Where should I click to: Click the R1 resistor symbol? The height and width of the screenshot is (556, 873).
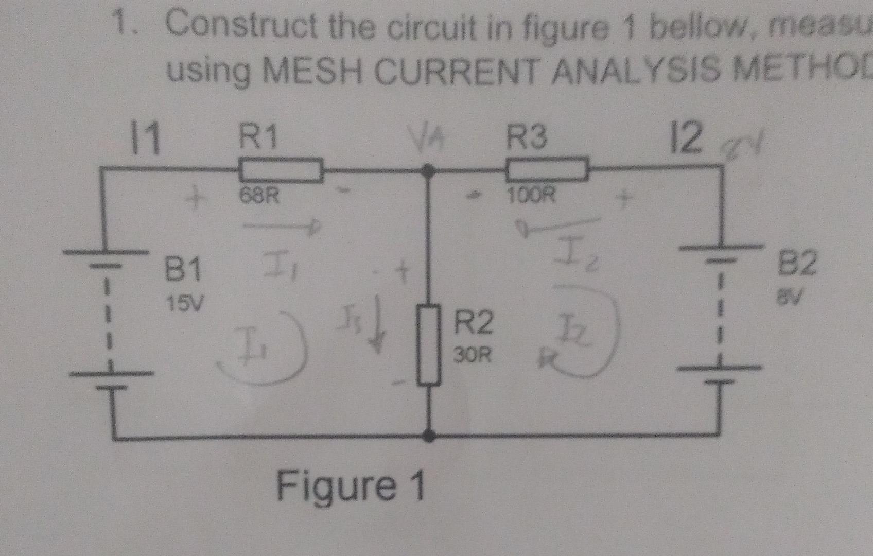point(281,170)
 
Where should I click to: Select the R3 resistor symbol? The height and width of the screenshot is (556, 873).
point(547,169)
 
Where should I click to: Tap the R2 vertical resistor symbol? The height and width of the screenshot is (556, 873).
point(428,345)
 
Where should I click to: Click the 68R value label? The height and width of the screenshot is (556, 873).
point(259,196)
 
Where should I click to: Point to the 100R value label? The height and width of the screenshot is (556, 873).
point(532,196)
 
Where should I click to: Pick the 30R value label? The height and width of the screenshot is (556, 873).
point(472,355)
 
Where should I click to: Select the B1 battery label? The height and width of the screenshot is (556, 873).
point(182,270)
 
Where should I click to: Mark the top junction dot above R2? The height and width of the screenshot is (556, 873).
point(427,169)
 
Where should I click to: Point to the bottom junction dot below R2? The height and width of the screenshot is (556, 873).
point(428,437)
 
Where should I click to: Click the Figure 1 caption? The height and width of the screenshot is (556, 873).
point(351,486)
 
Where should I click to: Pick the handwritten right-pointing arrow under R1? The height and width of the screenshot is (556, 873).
point(281,226)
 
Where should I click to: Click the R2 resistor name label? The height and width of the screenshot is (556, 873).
point(473,324)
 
